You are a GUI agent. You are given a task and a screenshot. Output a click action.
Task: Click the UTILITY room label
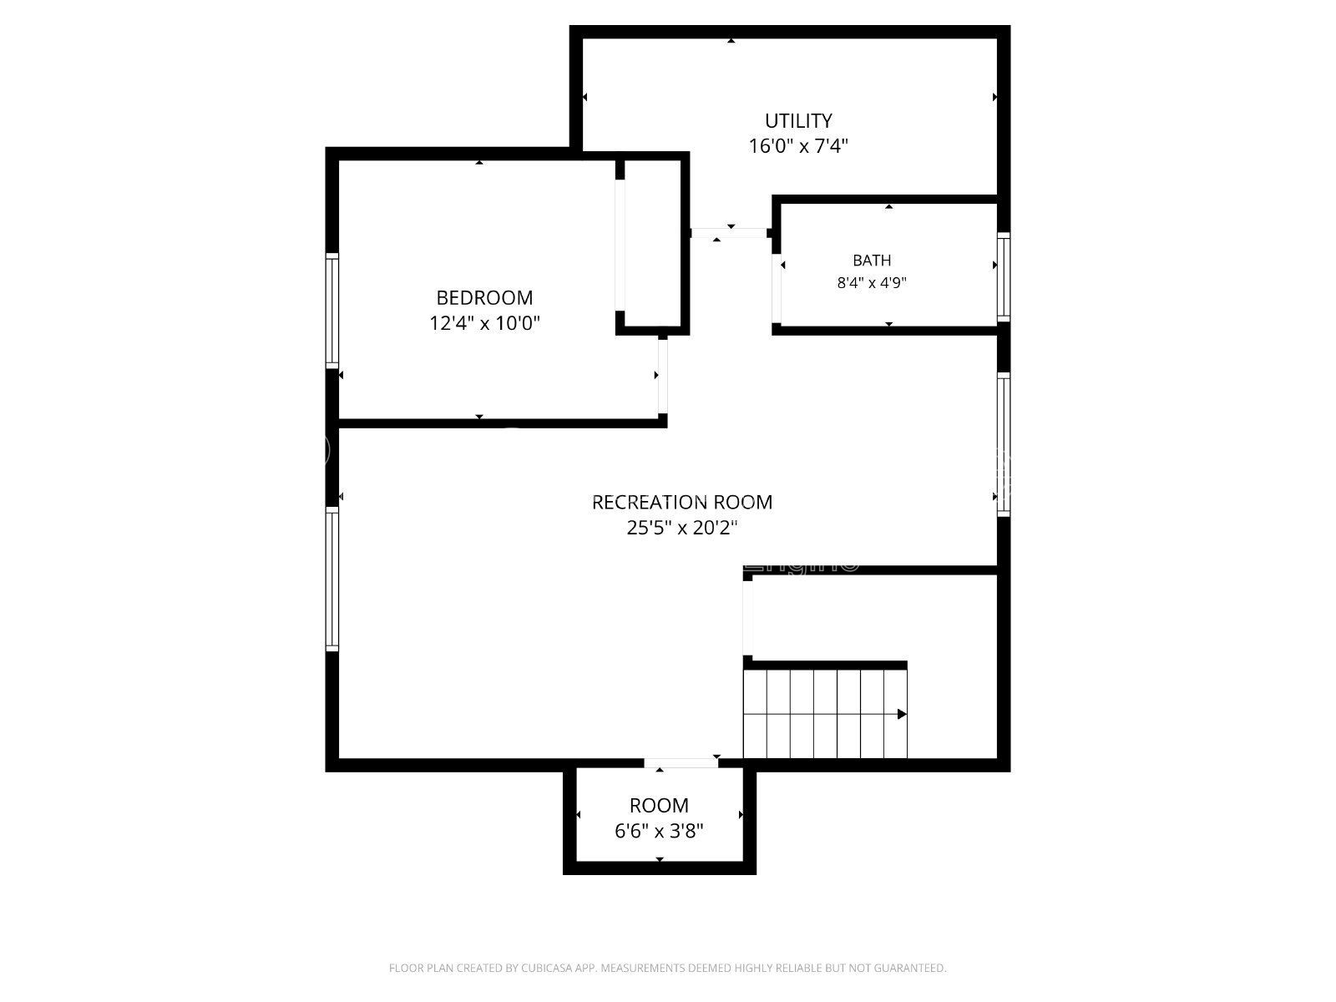798,120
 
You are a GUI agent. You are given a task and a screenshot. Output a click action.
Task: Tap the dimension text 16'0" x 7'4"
798,146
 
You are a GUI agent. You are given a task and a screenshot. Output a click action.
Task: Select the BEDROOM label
484,297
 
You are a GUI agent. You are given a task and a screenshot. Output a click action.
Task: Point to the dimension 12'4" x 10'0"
484,323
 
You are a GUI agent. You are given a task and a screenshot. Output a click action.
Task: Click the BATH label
872,261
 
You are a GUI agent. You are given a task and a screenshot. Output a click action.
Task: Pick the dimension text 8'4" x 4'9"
872,283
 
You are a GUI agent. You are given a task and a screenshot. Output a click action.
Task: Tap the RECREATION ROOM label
681,502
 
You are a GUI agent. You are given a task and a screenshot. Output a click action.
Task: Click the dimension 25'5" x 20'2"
681,528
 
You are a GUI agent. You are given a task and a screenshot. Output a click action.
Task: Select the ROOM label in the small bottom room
659,806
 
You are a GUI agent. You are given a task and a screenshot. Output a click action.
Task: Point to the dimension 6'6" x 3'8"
659,831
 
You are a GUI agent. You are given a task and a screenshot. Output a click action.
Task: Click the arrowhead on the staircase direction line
902,714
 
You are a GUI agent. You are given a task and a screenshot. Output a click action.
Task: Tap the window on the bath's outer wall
1004,277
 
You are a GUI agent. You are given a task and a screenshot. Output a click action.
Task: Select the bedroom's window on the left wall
331,311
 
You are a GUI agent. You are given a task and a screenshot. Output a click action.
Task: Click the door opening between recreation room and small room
681,763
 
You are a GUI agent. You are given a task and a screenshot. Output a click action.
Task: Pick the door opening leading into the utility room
729,233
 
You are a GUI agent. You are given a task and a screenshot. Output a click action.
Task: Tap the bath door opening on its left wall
776,288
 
